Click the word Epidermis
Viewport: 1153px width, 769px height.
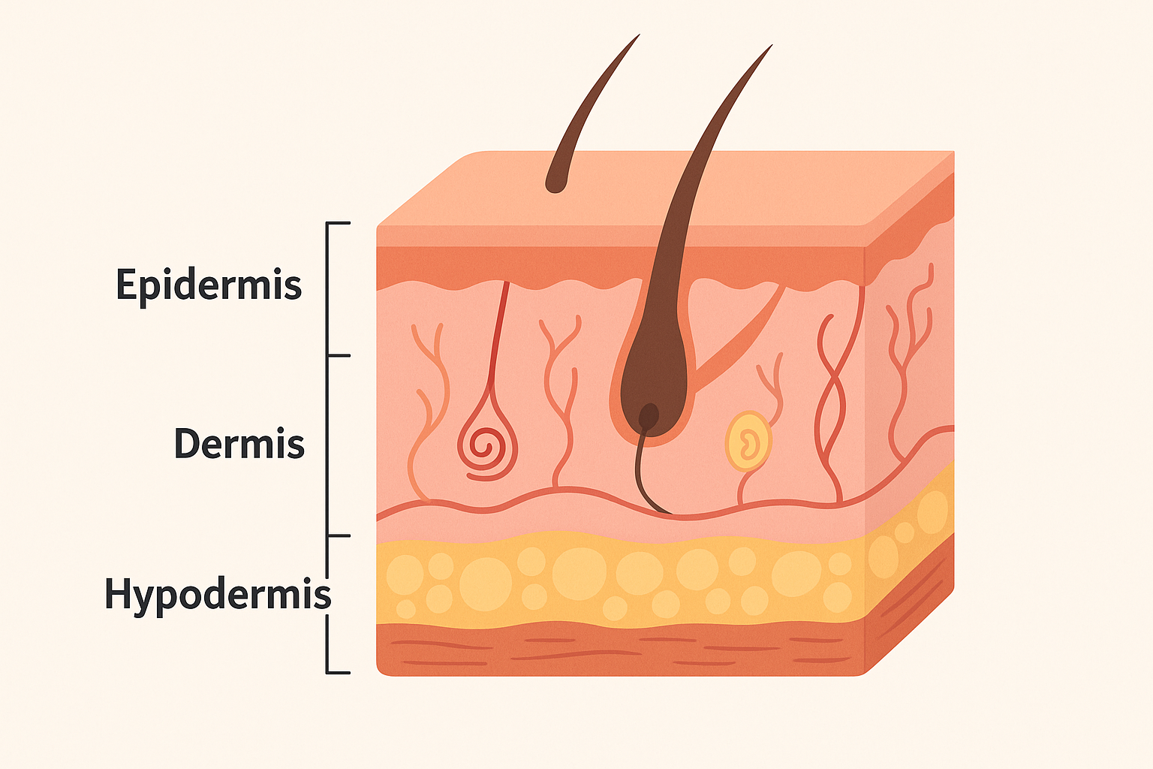(x=209, y=285)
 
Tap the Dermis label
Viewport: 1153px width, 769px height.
(x=239, y=444)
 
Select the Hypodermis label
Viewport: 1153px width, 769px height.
(x=217, y=594)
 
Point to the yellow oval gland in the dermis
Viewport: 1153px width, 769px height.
(x=748, y=441)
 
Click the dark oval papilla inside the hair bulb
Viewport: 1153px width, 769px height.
(x=649, y=415)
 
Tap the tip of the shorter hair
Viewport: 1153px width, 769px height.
(x=637, y=35)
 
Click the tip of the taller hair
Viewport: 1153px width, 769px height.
(x=771, y=46)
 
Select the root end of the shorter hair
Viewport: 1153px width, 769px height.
(x=556, y=182)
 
